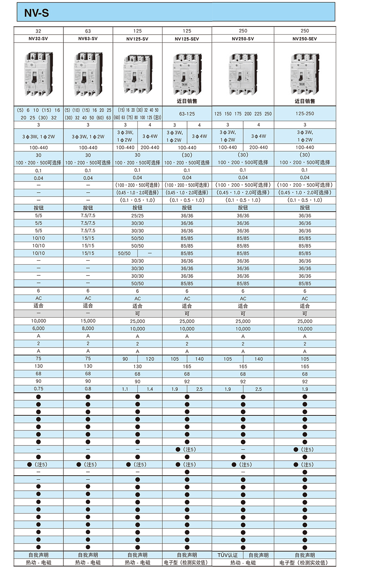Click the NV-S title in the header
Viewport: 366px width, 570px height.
37,13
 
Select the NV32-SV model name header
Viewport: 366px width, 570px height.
39,39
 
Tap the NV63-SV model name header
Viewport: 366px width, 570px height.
88,39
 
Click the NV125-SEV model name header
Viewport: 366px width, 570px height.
187,39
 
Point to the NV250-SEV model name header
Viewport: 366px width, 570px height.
305,39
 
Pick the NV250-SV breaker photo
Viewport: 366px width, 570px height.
243,73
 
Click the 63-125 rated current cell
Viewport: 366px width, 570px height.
187,114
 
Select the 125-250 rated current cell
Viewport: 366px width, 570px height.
305,114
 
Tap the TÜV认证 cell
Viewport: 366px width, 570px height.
228,555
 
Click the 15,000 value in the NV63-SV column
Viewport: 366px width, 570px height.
88,321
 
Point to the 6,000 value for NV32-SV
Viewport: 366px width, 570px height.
39,328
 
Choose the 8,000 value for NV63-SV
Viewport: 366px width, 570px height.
88,328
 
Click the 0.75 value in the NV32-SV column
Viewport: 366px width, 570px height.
39,389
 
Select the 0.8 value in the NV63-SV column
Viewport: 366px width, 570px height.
88,389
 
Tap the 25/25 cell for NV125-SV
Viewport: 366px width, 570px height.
137,216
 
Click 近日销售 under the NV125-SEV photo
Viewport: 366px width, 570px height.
187,101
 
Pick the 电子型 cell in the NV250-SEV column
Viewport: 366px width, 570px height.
305,563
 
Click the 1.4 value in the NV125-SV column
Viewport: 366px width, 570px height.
150,389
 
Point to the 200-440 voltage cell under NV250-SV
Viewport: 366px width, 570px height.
259,148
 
